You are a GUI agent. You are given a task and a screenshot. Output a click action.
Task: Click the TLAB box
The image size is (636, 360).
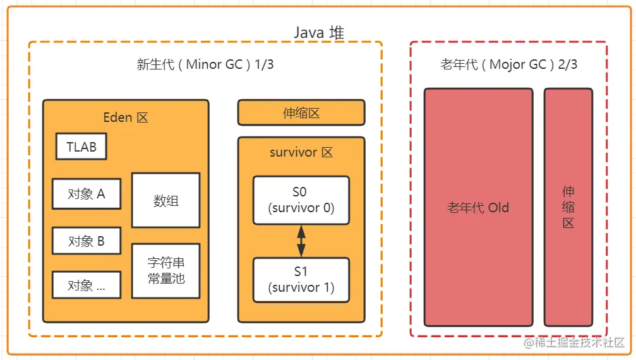81,147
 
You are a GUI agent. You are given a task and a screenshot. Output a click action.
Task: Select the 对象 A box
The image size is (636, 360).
87,194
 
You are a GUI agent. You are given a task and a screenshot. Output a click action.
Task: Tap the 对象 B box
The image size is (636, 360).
87,241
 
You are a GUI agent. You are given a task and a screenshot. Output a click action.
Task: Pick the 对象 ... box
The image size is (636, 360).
87,285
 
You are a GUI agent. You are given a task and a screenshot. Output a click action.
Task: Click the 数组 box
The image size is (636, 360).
166,200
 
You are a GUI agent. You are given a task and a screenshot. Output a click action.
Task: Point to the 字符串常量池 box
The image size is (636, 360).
166,271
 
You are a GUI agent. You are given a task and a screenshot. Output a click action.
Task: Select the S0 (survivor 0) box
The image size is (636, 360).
301,200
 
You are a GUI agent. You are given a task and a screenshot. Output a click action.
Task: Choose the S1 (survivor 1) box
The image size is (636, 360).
301,280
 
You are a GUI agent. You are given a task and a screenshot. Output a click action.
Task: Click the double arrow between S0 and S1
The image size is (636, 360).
301,241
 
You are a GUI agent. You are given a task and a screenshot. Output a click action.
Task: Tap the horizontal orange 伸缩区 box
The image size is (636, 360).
301,112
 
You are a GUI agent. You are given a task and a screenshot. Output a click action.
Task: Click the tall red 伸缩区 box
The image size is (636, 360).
568,207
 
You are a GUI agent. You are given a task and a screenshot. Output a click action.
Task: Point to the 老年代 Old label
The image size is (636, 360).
478,208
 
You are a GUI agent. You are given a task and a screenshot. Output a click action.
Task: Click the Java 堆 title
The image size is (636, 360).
319,32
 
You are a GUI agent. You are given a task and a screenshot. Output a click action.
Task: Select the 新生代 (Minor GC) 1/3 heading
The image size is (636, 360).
205,64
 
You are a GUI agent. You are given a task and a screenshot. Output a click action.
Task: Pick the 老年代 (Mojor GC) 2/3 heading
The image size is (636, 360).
508,64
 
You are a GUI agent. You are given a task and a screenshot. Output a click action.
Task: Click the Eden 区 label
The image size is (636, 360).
126,117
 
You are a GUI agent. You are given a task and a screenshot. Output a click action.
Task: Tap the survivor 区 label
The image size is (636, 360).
301,152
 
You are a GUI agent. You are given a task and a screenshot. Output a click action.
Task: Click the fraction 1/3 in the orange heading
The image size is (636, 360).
264,64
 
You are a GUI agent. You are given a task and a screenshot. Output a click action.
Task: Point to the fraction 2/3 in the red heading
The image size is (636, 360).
567,64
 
